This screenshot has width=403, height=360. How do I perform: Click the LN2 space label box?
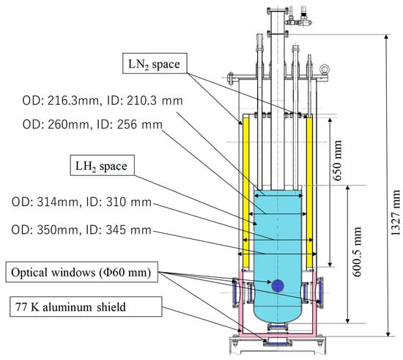click(155, 64)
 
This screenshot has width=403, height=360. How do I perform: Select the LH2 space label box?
click(103, 166)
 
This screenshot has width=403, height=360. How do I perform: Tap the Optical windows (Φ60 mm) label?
click(82, 272)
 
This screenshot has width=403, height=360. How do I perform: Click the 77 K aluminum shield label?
click(86, 306)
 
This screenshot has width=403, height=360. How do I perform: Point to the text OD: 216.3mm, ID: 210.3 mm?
click(103, 100)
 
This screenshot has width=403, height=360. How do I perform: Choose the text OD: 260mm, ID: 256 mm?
click(92, 125)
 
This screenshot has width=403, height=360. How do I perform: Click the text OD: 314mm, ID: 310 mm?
click(81, 202)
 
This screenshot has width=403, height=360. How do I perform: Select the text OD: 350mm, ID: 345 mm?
click(81, 230)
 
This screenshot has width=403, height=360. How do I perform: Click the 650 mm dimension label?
click(337, 161)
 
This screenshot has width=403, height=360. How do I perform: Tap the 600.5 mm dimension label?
click(357, 251)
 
